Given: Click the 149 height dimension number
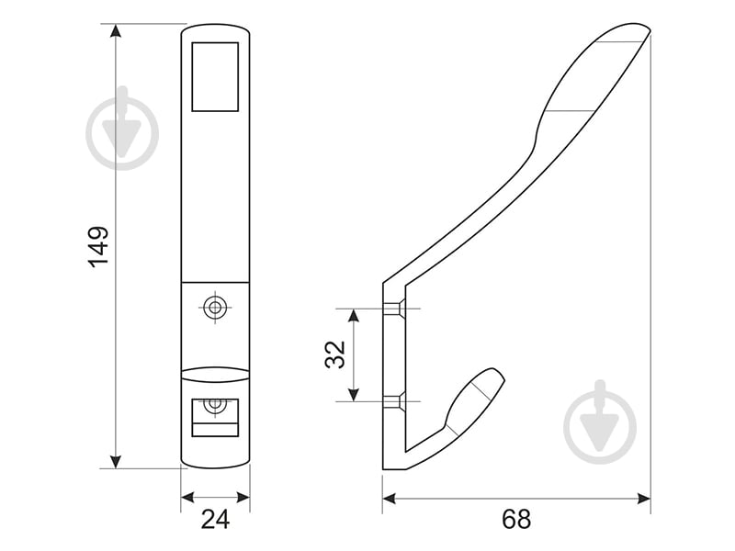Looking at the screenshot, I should point(98,245).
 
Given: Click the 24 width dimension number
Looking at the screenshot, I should point(214,519).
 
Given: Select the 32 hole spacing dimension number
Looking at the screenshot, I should point(334,354).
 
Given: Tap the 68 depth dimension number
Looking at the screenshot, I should point(516,519).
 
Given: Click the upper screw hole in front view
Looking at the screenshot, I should point(215,308).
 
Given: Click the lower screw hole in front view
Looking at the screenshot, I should point(215,403).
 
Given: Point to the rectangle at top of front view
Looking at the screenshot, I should point(215,75).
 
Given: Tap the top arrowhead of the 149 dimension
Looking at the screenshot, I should point(116,31).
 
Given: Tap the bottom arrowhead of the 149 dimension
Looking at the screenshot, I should point(116,461).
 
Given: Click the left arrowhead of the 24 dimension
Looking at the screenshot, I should point(187,498).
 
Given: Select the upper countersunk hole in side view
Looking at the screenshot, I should point(393,309).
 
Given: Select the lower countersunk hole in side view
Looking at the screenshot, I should point(393,401).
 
